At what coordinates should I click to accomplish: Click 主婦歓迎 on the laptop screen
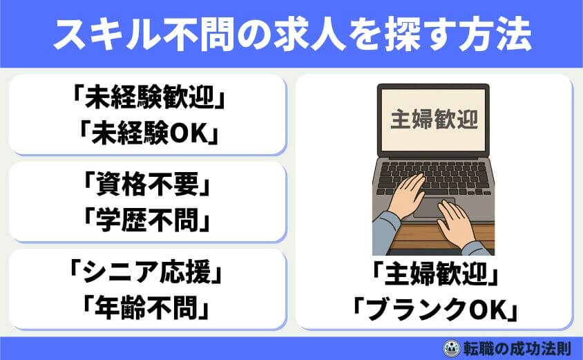point(434,120)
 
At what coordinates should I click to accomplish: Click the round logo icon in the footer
point(449,348)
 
